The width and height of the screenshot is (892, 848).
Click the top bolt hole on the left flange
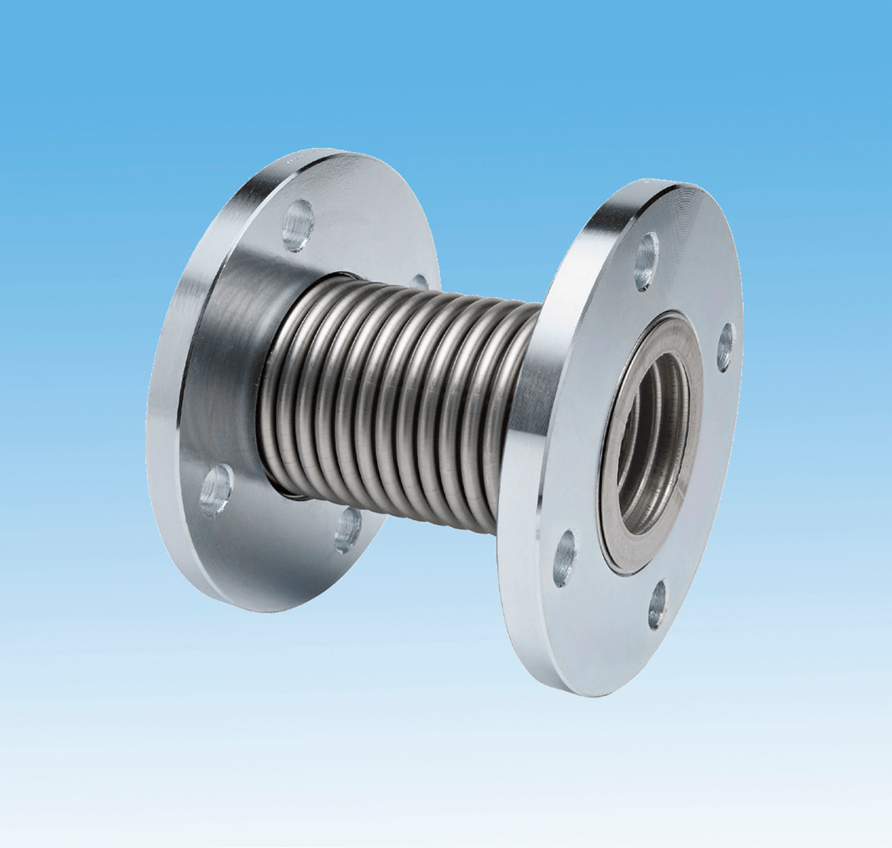coord(298,225)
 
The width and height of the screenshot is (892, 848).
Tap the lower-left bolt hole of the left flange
coord(215,489)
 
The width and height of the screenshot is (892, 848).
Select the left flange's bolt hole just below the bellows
coord(348,529)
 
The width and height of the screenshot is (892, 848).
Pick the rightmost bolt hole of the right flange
coord(725,347)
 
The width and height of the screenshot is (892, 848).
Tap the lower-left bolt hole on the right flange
coord(565,558)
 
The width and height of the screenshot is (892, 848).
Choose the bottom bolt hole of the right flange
coord(658,604)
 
